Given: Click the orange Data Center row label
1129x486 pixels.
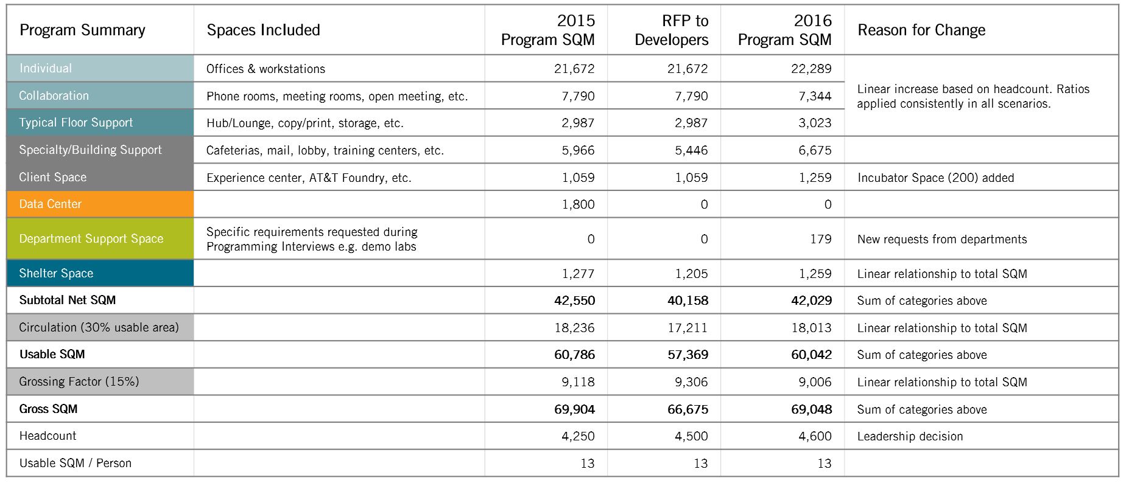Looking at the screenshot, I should pyautogui.click(x=51, y=204).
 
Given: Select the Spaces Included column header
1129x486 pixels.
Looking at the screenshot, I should pyautogui.click(x=263, y=30).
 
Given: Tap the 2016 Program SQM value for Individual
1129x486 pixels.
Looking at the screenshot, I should pyautogui.click(x=811, y=69).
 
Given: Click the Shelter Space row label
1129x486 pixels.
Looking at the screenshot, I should pyautogui.click(x=56, y=274).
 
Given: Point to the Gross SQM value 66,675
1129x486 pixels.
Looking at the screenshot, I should pyautogui.click(x=688, y=409).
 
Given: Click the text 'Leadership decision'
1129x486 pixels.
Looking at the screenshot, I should pyautogui.click(x=910, y=437).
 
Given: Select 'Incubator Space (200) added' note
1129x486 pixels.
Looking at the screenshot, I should pyautogui.click(x=935, y=178).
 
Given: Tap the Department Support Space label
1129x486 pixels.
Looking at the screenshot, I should pyautogui.click(x=91, y=239).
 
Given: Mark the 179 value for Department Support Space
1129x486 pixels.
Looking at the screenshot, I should pyautogui.click(x=820, y=239).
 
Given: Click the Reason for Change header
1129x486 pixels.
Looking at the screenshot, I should pyautogui.click(x=921, y=30).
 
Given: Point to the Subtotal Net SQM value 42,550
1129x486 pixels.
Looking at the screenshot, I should pyautogui.click(x=574, y=300).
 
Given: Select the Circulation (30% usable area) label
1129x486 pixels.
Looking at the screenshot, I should pyautogui.click(x=99, y=328).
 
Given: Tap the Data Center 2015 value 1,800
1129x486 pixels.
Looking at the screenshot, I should pyautogui.click(x=578, y=204).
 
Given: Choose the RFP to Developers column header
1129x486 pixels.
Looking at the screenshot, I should pyautogui.click(x=672, y=30).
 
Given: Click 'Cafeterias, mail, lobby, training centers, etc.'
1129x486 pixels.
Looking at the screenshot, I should pyautogui.click(x=325, y=151).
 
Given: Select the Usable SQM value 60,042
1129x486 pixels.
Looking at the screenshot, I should pyautogui.click(x=811, y=355).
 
